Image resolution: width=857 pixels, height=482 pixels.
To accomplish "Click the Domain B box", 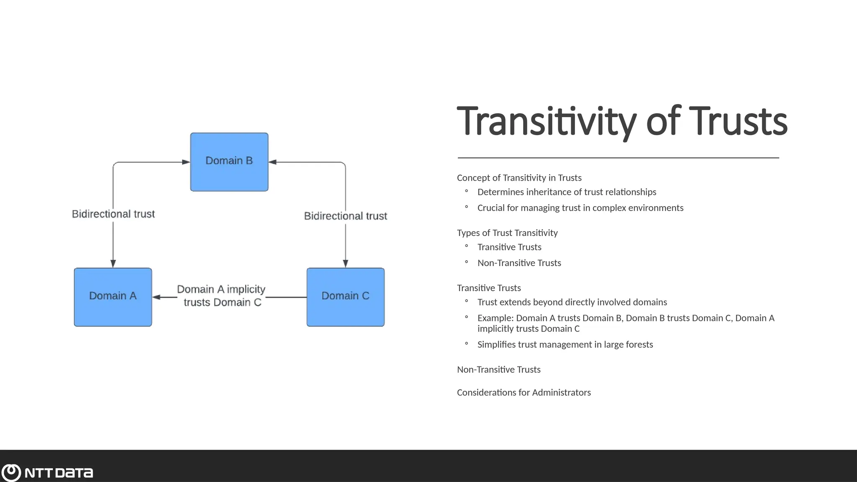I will (x=229, y=162).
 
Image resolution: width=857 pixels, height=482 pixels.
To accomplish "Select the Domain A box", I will (x=113, y=297).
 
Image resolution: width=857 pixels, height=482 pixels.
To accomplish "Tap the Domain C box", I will (x=345, y=297).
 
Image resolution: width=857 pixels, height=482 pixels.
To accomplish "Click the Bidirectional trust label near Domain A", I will (x=113, y=214).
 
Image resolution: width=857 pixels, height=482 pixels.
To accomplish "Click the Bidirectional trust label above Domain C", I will (x=345, y=216).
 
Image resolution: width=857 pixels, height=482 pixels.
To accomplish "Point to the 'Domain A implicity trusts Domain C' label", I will (x=221, y=296).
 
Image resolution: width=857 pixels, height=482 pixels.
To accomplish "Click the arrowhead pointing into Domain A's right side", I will (x=157, y=297).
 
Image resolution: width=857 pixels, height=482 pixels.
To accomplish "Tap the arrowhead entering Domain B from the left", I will (x=186, y=162).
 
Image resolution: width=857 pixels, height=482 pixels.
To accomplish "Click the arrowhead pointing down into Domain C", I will (x=345, y=263).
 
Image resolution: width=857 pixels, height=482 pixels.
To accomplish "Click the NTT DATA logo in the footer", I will (x=47, y=472).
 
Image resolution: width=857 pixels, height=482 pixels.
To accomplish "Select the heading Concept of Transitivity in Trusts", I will (x=519, y=178).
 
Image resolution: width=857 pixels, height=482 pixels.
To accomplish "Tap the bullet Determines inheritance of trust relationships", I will (x=567, y=192).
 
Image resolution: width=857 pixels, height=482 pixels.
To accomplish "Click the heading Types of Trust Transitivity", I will (x=507, y=233).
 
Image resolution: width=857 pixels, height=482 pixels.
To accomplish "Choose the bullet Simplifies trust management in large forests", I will (x=565, y=344).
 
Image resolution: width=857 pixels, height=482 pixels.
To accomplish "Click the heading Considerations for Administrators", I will (x=523, y=392).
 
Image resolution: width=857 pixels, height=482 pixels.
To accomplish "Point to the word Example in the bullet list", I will (x=495, y=318).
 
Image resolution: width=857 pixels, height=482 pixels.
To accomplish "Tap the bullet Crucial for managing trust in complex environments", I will (x=580, y=208).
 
